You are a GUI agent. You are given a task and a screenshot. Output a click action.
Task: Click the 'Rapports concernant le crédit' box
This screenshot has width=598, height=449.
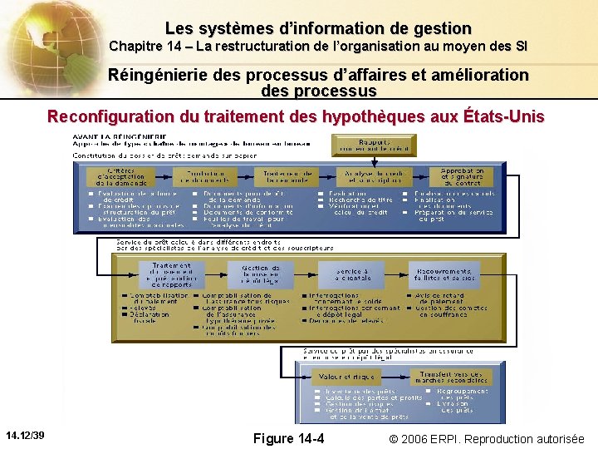click(362, 145)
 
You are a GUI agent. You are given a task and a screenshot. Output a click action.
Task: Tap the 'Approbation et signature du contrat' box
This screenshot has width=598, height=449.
click(463, 175)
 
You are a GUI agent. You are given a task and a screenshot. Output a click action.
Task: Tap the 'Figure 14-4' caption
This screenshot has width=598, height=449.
click(288, 438)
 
